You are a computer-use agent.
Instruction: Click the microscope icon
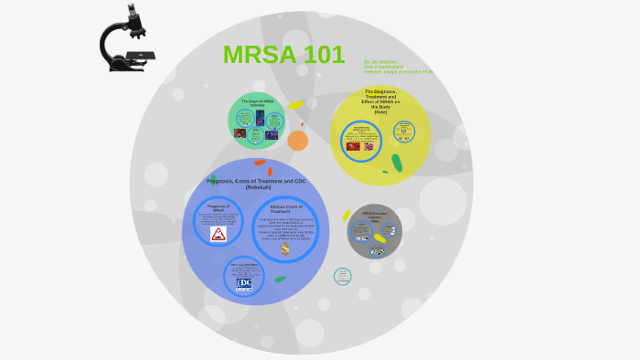[x=127, y=38]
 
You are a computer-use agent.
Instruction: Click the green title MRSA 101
[x=283, y=55]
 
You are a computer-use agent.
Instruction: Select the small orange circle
[x=297, y=141]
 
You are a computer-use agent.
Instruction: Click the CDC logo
[x=244, y=283]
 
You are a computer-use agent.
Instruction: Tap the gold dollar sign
[x=285, y=249]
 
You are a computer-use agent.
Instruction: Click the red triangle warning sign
[x=219, y=235]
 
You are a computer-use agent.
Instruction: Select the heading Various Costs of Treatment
[x=285, y=209]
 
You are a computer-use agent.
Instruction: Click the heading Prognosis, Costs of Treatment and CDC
[x=256, y=184]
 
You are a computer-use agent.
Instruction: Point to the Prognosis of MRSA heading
[x=218, y=208]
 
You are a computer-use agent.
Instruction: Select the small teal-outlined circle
[x=342, y=276]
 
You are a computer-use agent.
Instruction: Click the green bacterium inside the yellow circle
[x=397, y=163]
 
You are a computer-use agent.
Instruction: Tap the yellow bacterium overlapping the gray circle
[x=379, y=238]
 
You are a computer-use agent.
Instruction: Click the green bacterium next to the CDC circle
[x=280, y=280]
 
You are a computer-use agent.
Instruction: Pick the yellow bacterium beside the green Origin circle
[x=294, y=106]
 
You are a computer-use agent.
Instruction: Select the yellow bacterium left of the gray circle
[x=347, y=216]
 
